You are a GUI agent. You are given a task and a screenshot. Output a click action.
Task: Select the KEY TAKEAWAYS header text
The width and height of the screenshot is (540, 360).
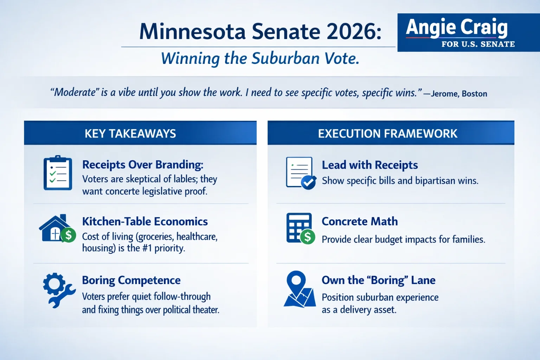coord(130,134)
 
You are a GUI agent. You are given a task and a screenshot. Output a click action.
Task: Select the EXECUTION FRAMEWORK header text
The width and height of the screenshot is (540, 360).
coord(387,134)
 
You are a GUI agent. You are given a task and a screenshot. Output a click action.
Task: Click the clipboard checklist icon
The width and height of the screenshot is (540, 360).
coord(58,173)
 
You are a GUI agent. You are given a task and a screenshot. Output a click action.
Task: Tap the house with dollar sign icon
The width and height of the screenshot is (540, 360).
coord(57,229)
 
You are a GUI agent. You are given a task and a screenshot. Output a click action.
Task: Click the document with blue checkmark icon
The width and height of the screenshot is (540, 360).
coord(301,173)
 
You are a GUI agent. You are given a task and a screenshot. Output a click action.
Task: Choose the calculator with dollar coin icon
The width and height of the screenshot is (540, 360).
coord(300,229)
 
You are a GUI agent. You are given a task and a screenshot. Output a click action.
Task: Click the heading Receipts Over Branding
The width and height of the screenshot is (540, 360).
coord(142,165)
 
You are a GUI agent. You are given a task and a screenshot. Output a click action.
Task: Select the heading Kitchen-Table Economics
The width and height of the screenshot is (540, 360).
coord(145,221)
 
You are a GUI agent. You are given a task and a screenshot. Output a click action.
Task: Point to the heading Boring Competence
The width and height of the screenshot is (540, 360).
coord(131,280)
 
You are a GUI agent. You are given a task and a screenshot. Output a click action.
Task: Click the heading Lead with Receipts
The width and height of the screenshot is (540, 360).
coord(369,165)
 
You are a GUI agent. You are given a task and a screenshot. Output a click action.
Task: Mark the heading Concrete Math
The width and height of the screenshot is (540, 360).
coord(360,221)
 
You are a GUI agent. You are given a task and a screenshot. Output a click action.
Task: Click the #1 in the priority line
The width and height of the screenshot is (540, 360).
coord(147,248)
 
